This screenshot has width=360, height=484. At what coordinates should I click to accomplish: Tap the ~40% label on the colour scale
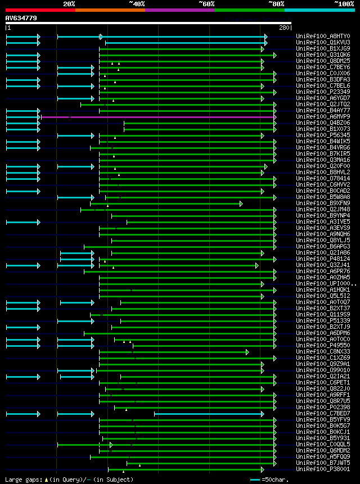point(137,4)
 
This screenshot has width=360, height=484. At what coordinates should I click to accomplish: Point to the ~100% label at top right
point(344,4)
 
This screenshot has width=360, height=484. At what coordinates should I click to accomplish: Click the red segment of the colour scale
point(40,10)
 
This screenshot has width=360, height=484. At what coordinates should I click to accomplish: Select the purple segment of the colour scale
point(179,10)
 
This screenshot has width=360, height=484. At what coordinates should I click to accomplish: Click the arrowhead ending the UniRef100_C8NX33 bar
point(247,352)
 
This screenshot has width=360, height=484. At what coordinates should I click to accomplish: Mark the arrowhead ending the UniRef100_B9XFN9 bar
point(275,203)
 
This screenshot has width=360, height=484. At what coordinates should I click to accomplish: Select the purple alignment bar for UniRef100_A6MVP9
point(157,117)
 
